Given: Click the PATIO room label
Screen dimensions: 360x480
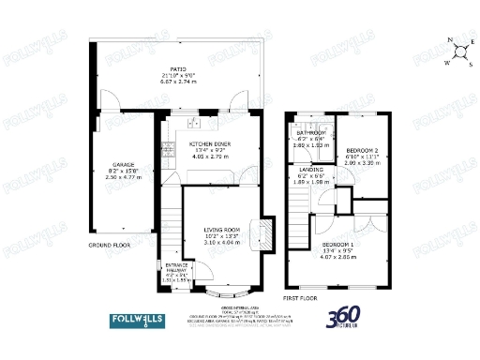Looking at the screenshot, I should tap(178, 67).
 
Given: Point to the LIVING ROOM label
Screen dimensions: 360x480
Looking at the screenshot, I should tap(224, 230).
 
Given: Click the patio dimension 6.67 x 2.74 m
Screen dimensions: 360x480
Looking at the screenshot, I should tap(178, 81).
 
